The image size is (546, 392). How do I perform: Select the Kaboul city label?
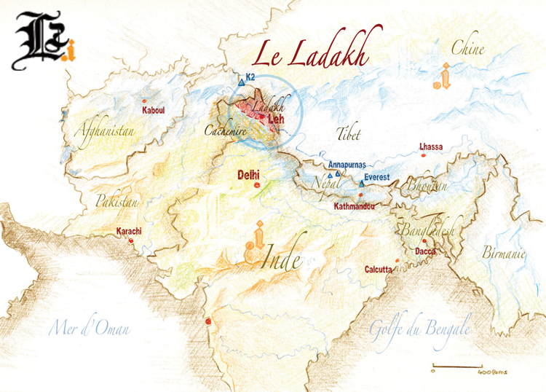153,110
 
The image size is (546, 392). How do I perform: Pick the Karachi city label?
129,232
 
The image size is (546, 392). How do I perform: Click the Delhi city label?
249,176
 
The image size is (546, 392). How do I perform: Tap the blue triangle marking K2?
242,83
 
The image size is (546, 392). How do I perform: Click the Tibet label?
349,133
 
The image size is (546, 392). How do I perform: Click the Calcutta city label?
379,270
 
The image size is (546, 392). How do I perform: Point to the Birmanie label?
503,253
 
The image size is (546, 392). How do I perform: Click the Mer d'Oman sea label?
89,329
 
